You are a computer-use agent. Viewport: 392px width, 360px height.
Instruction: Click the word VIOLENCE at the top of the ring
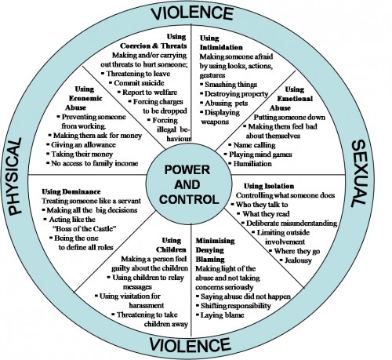(192, 13)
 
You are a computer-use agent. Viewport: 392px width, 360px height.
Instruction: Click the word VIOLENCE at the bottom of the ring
(190, 345)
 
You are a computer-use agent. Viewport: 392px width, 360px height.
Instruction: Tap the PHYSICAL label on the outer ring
(15, 176)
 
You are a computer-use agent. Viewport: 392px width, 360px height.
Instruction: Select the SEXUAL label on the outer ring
(360, 173)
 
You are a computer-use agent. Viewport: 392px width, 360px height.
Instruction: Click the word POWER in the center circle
(187, 170)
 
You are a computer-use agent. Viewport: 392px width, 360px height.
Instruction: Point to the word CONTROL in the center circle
(189, 200)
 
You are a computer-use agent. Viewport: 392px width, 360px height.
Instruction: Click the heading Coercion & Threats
(154, 46)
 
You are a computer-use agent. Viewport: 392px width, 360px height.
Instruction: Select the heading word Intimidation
(221, 47)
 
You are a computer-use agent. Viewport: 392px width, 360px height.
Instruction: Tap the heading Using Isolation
(269, 186)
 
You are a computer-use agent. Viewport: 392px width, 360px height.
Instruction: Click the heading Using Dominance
(71, 191)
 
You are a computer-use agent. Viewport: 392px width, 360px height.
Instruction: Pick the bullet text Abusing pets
(227, 104)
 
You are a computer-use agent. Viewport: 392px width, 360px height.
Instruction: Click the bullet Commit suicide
(139, 83)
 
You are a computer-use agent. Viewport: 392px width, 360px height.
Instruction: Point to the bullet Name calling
(254, 145)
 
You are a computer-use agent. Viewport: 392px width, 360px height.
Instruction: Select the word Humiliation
(252, 164)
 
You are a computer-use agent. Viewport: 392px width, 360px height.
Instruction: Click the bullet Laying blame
(222, 315)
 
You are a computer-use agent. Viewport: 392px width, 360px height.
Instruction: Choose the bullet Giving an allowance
(83, 145)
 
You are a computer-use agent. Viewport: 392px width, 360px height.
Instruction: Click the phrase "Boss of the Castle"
(85, 229)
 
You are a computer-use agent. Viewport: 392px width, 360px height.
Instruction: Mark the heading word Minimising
(215, 241)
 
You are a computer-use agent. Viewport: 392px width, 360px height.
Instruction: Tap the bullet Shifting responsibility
(236, 306)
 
